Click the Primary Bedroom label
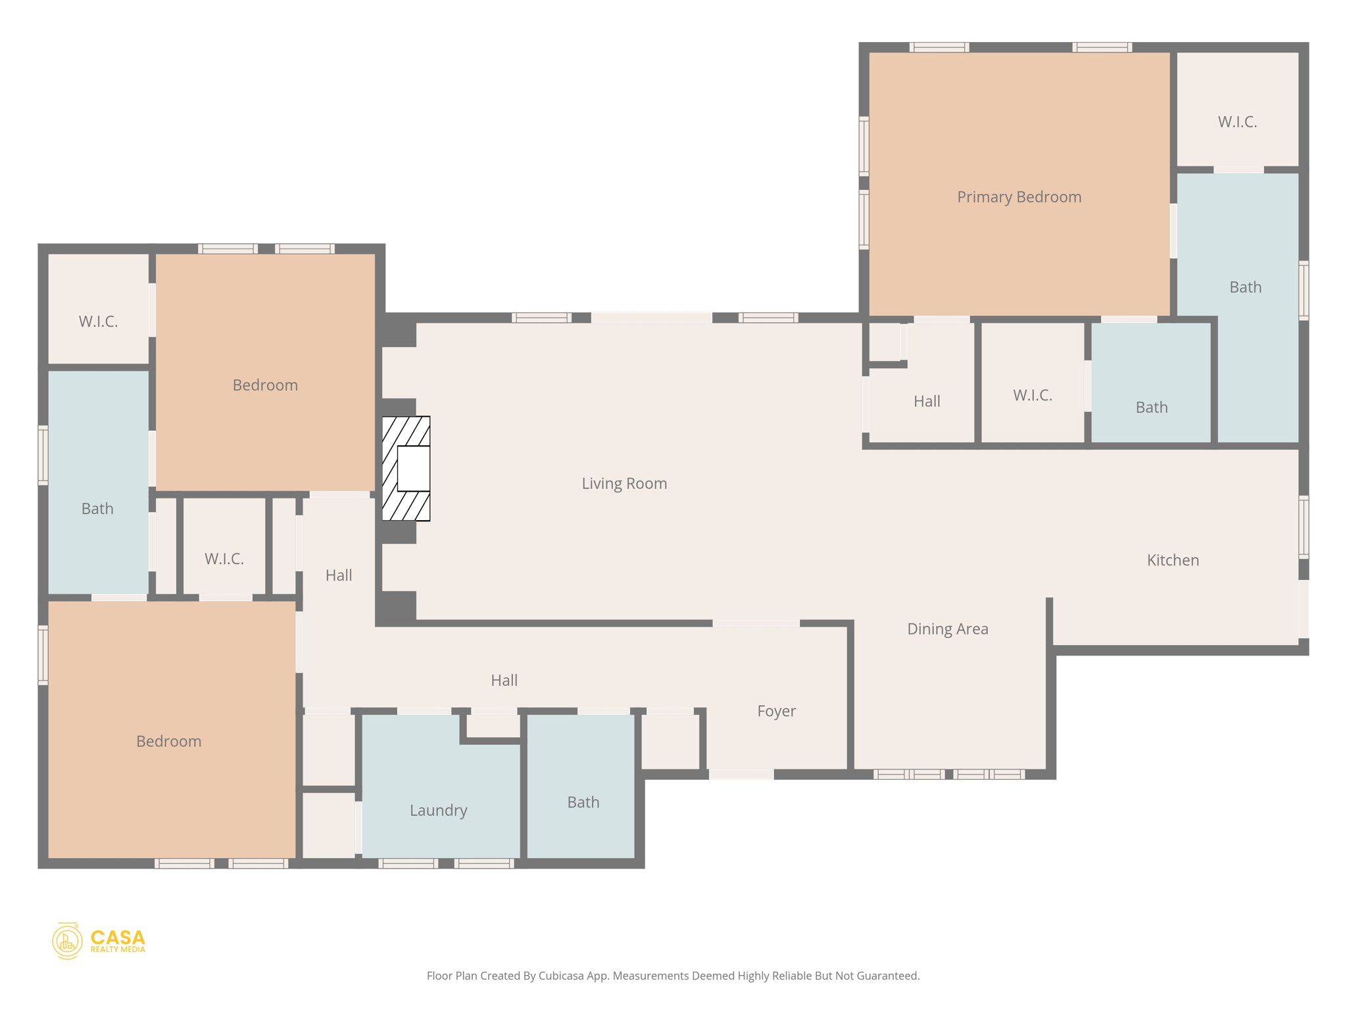pyautogui.click(x=1019, y=197)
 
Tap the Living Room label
pyautogui.click(x=624, y=484)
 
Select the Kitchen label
pyautogui.click(x=1173, y=560)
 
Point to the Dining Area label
pyautogui.click(x=947, y=629)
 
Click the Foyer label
pyautogui.click(x=776, y=711)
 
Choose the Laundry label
pyautogui.click(x=438, y=811)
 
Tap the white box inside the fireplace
pyautogui.click(x=414, y=468)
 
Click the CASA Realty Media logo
pyautogui.click(x=99, y=941)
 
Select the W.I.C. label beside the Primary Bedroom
pyautogui.click(x=1237, y=122)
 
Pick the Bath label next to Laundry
pyautogui.click(x=583, y=803)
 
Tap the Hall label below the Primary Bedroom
pyautogui.click(x=927, y=402)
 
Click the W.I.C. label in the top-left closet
pyautogui.click(x=99, y=322)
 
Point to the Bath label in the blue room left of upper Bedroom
pyautogui.click(x=97, y=509)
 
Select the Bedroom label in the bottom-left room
pyautogui.click(x=169, y=742)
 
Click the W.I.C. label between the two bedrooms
pyautogui.click(x=224, y=560)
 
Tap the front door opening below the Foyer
pyautogui.click(x=741, y=775)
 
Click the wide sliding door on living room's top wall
pyautogui.click(x=651, y=318)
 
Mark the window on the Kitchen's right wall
pyautogui.click(x=1304, y=527)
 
